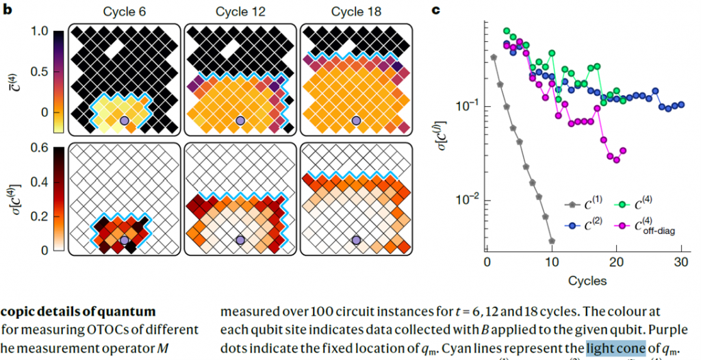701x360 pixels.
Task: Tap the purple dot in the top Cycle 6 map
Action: (x=124, y=120)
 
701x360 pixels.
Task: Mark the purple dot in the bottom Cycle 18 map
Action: (x=356, y=240)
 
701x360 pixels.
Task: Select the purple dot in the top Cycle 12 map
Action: (x=240, y=120)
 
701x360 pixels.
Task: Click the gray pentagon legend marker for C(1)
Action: (x=570, y=204)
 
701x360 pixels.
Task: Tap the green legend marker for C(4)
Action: (x=623, y=204)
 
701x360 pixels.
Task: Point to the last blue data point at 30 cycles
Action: (x=681, y=104)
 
